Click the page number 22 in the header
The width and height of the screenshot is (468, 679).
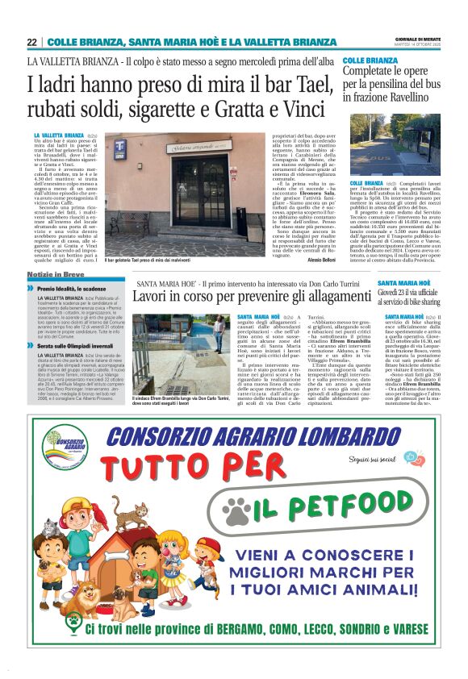[31, 42]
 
